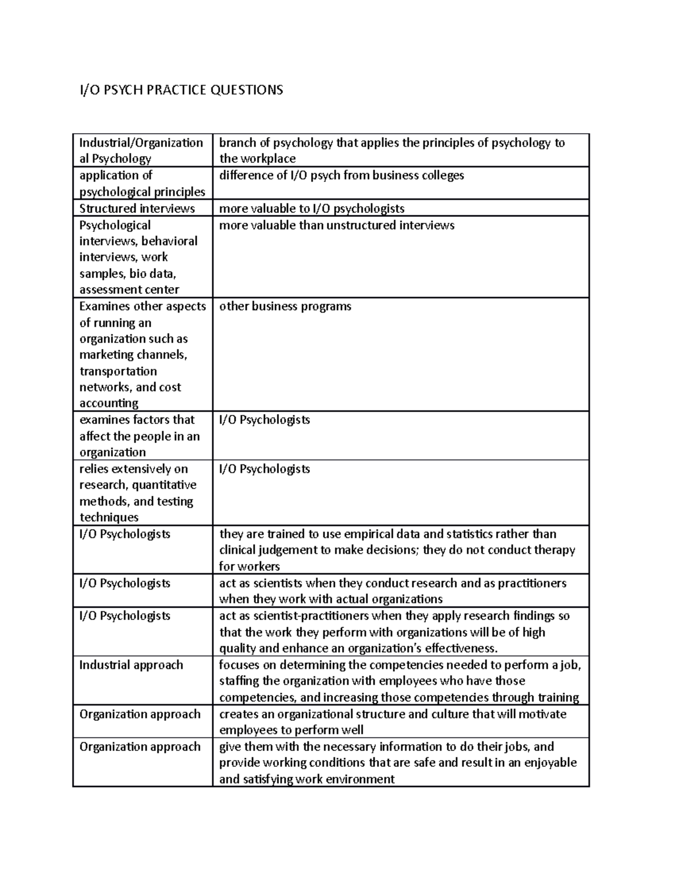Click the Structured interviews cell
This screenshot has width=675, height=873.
pos(137,209)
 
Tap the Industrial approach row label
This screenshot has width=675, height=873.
pos(131,665)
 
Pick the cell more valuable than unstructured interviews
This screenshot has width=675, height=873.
pos(336,225)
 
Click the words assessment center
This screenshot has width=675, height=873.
pos(129,290)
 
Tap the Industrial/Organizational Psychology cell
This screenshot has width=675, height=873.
pos(141,151)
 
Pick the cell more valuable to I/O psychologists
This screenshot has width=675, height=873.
pos(312,209)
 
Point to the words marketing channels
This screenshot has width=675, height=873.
pos(133,355)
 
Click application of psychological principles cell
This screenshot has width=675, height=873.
pos(142,183)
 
